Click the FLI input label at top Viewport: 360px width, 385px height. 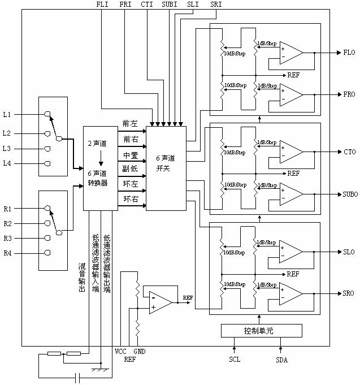point(103,5)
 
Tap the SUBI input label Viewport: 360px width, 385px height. point(169,5)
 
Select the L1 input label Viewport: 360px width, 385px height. point(7,114)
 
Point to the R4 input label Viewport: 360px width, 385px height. point(7,253)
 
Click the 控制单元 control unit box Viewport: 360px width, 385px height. point(262,330)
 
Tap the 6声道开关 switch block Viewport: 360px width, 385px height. point(166,167)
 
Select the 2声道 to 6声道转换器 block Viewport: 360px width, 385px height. point(101,167)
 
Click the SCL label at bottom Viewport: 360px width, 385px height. point(235,360)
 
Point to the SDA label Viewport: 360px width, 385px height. point(281,360)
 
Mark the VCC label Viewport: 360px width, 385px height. point(120,351)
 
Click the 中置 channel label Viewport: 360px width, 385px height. point(129,154)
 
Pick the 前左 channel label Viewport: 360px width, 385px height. point(129,123)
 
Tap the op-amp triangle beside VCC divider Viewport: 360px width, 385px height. point(161,302)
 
